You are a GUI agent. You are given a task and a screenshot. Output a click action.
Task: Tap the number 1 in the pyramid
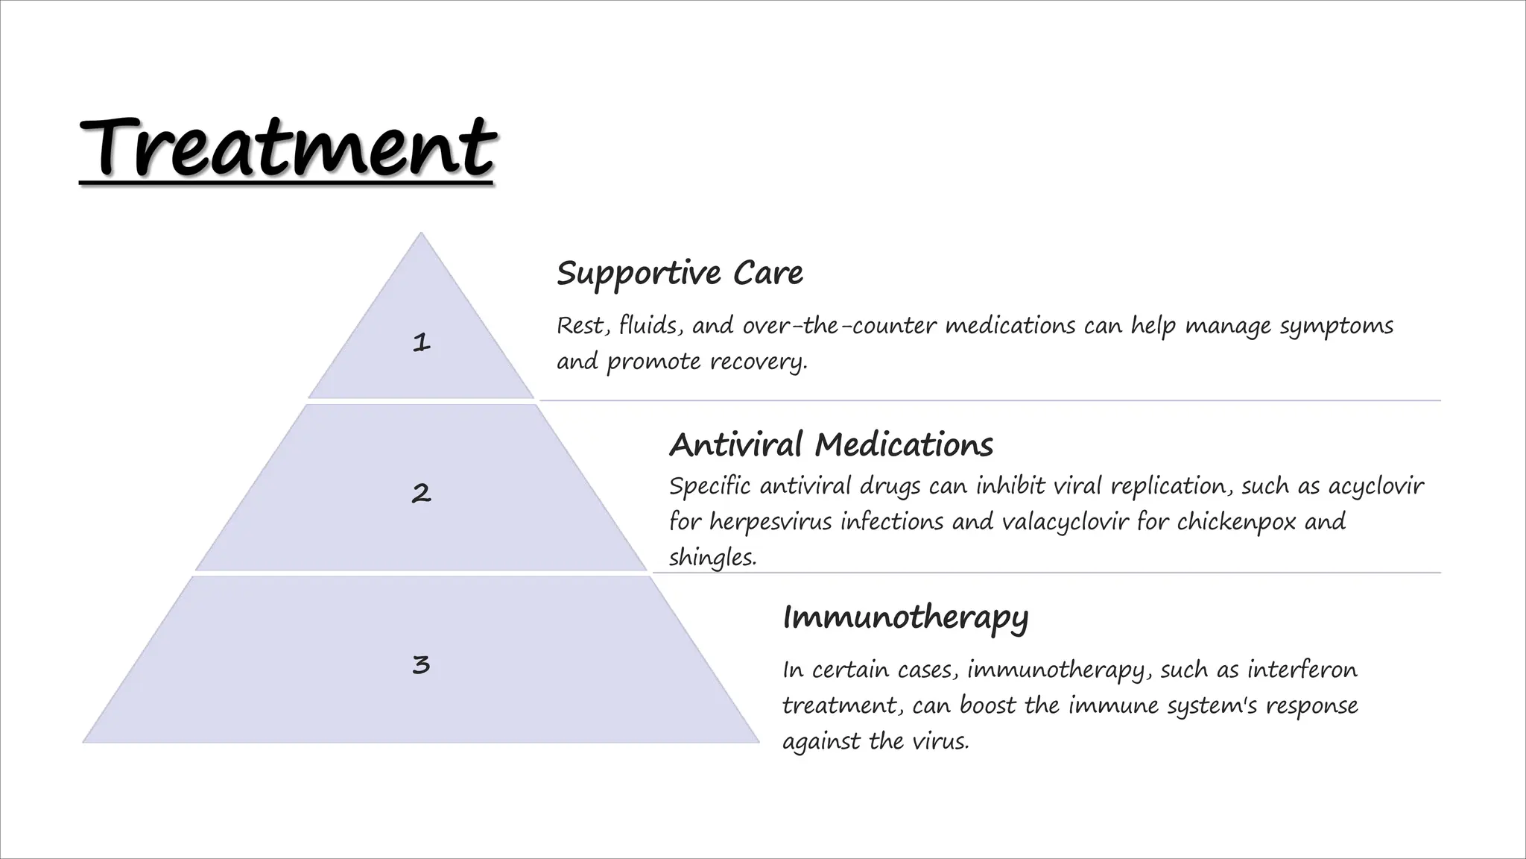421,342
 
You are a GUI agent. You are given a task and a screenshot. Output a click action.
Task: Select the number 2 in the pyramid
421,493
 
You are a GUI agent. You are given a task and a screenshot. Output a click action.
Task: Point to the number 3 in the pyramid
421,664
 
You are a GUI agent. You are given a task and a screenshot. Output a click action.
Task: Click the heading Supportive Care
680,273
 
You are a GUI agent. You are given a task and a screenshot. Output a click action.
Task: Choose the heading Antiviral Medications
831,445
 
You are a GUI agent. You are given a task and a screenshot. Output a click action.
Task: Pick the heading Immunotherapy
905,618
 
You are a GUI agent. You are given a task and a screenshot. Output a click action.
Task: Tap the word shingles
712,558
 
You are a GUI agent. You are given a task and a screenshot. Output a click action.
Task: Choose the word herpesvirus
770,521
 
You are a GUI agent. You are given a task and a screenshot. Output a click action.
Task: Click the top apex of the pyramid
421,234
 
